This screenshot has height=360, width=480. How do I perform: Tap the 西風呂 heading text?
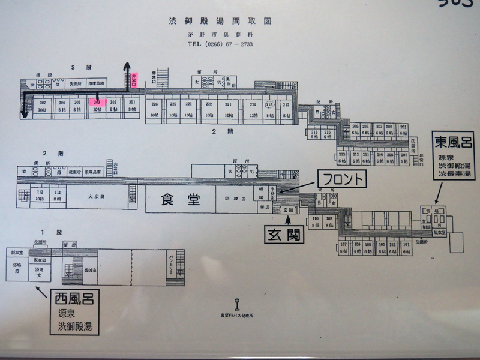click(74, 298)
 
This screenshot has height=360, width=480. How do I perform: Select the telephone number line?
click(220, 44)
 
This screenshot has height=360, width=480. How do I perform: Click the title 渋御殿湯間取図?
click(220, 20)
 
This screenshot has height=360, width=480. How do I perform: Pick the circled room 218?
click(269, 104)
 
